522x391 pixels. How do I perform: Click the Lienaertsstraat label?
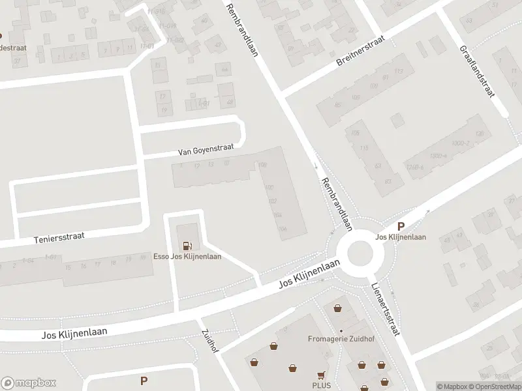coord(386,309)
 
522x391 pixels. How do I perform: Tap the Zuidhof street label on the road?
coord(209,341)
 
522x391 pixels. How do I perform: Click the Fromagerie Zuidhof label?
coord(339,338)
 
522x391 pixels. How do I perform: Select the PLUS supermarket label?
coord(321,385)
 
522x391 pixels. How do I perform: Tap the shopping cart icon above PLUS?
coord(320,375)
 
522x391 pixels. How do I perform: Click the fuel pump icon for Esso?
coord(188,246)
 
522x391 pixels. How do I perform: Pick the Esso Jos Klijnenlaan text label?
coord(187,256)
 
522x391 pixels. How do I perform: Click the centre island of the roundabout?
coord(360,253)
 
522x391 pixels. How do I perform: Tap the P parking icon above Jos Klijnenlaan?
coord(401,227)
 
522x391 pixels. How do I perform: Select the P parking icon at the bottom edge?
coord(144,380)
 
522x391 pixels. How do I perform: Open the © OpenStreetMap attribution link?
coord(494,386)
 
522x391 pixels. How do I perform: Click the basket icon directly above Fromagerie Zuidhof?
coord(337,308)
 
